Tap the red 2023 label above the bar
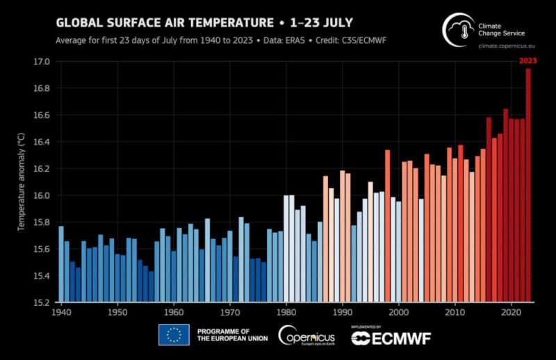pos(528,60)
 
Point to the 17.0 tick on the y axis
pos(42,62)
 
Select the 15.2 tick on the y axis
pos(42,302)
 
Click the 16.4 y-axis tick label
pos(42,142)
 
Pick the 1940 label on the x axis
pos(60,313)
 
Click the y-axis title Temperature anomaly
pos(22,183)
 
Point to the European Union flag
pos(174,335)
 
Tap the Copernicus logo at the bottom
pos(306,336)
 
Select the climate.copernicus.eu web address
pos(511,45)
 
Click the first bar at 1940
pos(61,264)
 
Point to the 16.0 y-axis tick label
pos(42,195)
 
